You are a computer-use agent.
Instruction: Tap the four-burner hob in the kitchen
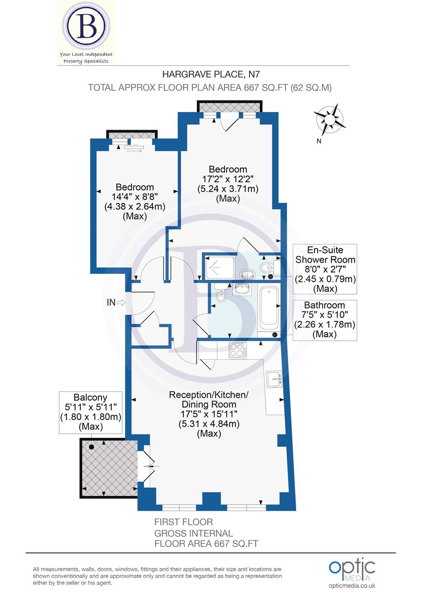[x=238, y=350]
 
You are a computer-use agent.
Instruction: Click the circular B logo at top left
[x=86, y=28]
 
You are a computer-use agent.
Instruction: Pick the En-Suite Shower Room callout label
[x=325, y=269]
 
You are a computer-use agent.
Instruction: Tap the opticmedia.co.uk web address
[x=352, y=585]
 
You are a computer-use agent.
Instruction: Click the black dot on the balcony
[x=91, y=447]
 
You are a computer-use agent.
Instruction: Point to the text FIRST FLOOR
[x=183, y=522]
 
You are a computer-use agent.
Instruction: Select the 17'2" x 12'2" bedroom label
[x=228, y=184]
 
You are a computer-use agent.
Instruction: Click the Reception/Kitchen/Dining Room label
[x=209, y=414]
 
